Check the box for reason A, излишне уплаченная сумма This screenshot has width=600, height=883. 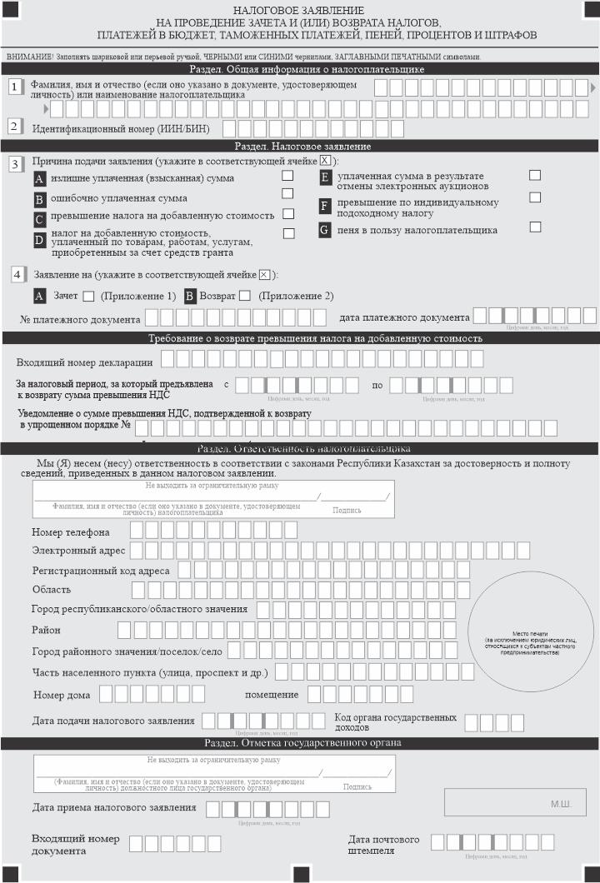287,176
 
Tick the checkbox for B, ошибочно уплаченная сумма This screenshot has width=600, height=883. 287,194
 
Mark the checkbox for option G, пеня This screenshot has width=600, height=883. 535,227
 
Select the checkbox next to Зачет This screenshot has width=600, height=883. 88,296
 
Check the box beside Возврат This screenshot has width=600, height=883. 244,296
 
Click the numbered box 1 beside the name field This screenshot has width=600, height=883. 14,87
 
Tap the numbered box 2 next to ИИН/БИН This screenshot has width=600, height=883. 14,127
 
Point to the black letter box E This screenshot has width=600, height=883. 326,177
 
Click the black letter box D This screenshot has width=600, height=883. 39,240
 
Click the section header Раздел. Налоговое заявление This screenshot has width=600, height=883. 300,146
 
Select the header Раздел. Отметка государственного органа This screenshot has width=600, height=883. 300,742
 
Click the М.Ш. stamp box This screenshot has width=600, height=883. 515,803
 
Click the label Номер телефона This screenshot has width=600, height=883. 71,531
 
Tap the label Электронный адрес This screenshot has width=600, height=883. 78,551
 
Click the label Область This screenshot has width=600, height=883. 51,590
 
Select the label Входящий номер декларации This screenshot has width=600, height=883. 85,362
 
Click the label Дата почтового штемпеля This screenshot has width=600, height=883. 384,845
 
